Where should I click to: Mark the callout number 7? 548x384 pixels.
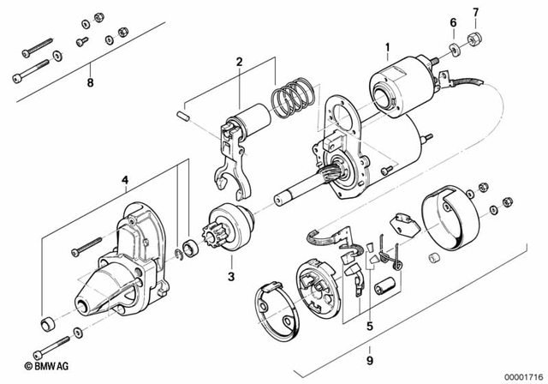pyautogui.click(x=476, y=12)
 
